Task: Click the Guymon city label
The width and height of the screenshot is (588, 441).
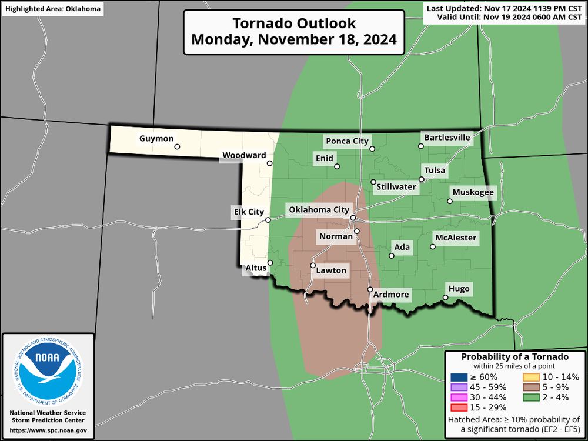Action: (x=156, y=139)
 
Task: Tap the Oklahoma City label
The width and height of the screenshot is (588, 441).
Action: (x=318, y=210)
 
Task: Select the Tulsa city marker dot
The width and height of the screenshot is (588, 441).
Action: (x=422, y=179)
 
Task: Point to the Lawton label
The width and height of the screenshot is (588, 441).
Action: (x=331, y=271)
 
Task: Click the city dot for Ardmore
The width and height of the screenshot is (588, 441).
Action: (x=370, y=289)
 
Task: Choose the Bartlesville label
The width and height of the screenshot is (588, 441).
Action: (x=447, y=138)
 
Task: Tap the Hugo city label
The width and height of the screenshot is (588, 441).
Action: (x=459, y=289)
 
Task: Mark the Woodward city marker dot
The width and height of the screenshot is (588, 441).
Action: (x=270, y=163)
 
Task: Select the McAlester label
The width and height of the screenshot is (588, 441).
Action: (x=455, y=238)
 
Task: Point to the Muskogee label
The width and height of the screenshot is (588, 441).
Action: (x=473, y=192)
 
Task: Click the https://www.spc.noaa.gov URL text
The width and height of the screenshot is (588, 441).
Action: (x=48, y=430)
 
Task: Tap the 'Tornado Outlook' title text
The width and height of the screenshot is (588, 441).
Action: (x=294, y=24)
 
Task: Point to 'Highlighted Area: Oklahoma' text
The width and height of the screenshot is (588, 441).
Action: (x=52, y=9)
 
